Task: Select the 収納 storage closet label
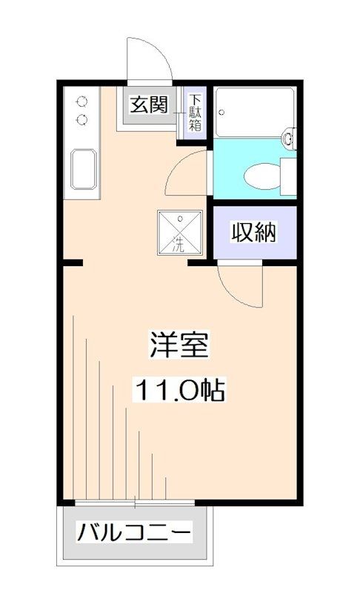point(255,233)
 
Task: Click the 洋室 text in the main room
point(180,345)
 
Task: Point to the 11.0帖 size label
point(180,388)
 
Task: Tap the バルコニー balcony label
point(136,532)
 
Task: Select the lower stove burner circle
point(82,119)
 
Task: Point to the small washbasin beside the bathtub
point(290,138)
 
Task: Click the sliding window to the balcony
point(136,504)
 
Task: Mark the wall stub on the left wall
point(72,262)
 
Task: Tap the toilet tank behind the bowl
point(288,176)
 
